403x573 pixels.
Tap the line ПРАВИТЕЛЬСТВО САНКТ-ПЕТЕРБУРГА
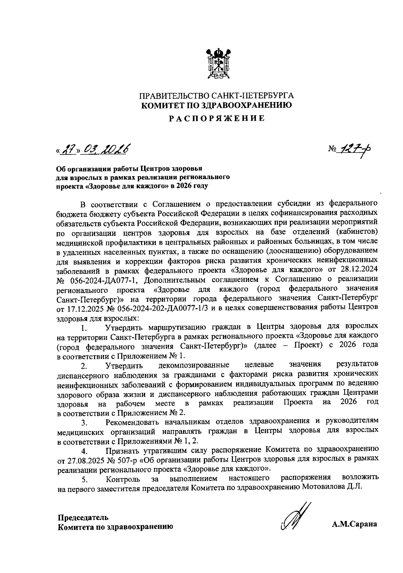tap(217, 96)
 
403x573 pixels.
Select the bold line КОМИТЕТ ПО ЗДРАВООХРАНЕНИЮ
tap(217, 105)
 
